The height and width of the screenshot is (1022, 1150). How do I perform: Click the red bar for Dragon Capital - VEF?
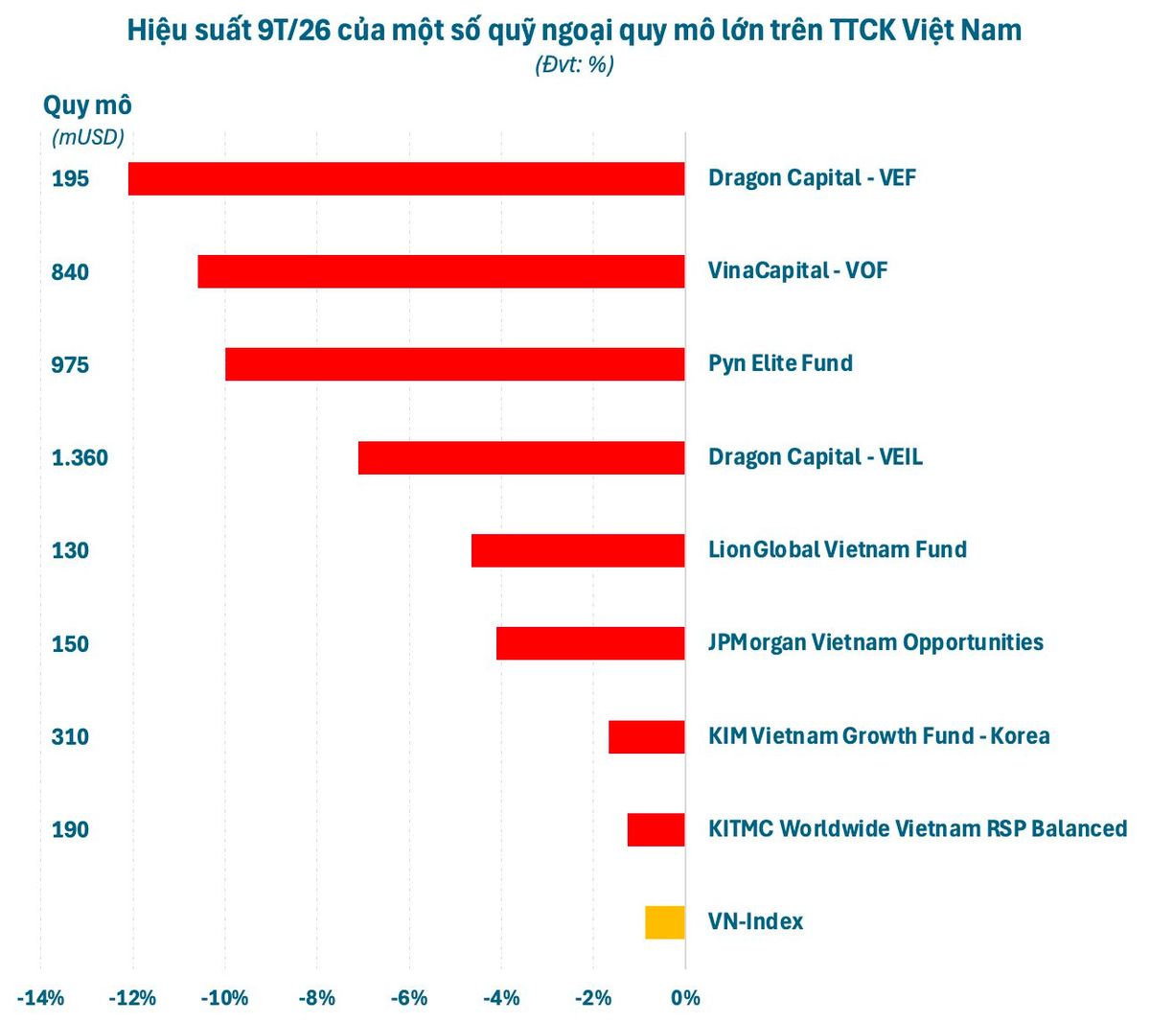(x=406, y=179)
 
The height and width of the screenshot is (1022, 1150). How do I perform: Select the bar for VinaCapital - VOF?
(x=441, y=271)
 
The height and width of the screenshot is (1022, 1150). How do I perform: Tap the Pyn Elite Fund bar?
(x=455, y=364)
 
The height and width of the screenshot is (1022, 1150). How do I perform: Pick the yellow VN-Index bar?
(x=665, y=922)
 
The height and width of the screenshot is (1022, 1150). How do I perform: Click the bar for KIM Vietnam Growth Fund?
(x=647, y=736)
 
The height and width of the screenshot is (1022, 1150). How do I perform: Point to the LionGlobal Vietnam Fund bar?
(x=579, y=550)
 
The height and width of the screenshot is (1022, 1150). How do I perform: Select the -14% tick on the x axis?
(x=40, y=998)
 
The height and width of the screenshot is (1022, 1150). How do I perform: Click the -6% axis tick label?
(x=409, y=998)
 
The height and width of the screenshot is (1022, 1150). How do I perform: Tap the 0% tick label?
(x=685, y=998)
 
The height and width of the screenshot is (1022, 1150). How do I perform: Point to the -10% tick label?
(x=225, y=998)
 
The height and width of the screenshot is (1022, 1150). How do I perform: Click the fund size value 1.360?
(x=80, y=457)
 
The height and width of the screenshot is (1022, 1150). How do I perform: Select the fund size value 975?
(x=70, y=364)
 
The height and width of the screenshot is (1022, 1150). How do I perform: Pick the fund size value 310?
(x=70, y=737)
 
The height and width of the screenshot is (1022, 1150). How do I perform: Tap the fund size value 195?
(x=70, y=179)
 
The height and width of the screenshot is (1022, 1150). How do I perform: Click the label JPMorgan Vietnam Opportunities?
(x=876, y=642)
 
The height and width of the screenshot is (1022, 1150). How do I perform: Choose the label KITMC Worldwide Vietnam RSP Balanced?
(x=918, y=829)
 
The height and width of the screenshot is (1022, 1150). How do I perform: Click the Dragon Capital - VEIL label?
(x=816, y=457)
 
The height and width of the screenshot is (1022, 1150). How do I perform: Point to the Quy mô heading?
(x=87, y=105)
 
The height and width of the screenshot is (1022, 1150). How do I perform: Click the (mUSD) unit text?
(x=88, y=137)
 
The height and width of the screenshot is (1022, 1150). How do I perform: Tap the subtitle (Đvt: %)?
(x=574, y=65)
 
